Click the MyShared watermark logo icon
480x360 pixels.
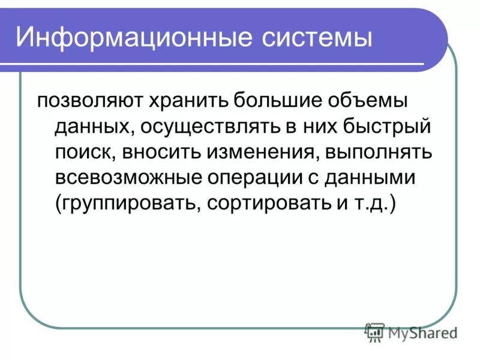point(374,332)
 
